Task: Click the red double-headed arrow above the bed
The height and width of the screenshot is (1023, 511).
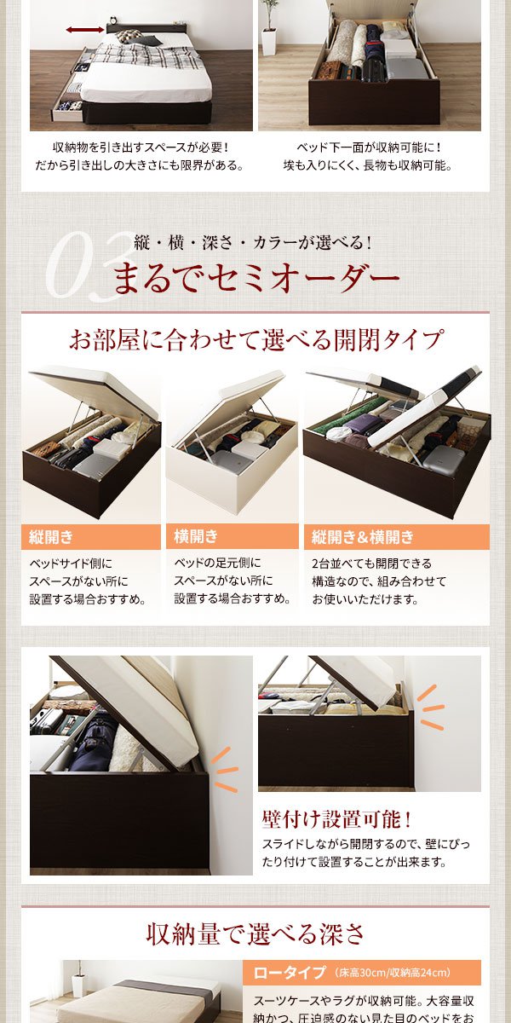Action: [84, 30]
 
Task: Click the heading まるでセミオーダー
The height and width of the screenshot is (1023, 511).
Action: [256, 277]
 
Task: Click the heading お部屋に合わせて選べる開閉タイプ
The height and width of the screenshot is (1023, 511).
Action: [255, 340]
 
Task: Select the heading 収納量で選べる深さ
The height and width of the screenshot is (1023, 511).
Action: [255, 933]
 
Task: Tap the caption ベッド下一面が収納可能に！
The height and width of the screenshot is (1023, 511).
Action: [369, 147]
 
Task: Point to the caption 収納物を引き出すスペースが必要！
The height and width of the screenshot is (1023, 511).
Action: [141, 147]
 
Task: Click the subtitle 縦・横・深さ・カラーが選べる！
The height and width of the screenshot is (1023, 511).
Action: [253, 242]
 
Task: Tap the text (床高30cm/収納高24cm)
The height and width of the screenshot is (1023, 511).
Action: [393, 973]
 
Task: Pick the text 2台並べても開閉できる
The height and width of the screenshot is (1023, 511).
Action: [371, 564]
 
